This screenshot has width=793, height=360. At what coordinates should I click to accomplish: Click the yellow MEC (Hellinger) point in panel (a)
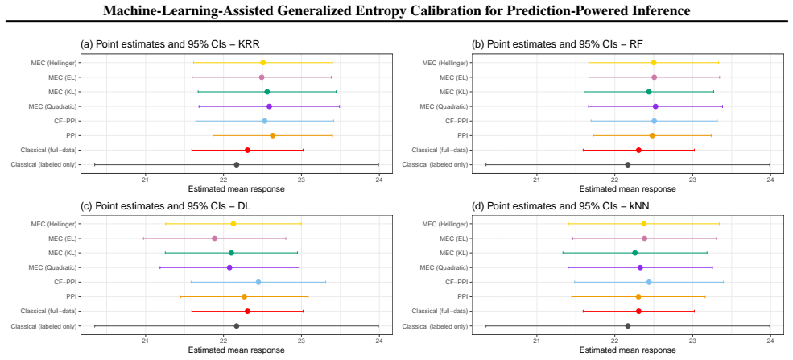pyautogui.click(x=262, y=63)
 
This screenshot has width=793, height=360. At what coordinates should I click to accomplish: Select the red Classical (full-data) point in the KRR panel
pyautogui.click(x=247, y=150)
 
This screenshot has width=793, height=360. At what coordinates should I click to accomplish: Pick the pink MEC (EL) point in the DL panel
pyautogui.click(x=214, y=238)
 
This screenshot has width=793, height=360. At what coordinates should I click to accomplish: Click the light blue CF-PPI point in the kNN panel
pyautogui.click(x=649, y=282)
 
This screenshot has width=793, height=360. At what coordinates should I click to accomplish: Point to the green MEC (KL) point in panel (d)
pyautogui.click(x=634, y=253)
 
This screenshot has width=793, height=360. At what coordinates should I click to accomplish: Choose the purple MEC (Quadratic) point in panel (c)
pyautogui.click(x=229, y=267)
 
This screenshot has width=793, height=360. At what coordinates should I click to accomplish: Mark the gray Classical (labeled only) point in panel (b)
pyautogui.click(x=628, y=165)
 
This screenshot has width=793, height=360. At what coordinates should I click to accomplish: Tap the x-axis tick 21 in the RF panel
pyautogui.click(x=537, y=180)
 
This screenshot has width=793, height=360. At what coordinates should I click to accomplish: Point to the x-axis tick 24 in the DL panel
pyautogui.click(x=379, y=341)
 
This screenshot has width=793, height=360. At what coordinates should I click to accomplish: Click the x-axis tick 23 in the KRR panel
pyautogui.click(x=301, y=180)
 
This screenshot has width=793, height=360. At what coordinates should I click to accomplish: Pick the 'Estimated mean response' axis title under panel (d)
pyautogui.click(x=627, y=350)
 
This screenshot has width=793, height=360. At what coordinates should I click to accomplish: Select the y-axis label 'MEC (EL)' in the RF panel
pyautogui.click(x=453, y=77)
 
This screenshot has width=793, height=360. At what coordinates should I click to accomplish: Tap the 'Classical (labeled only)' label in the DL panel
pyautogui.click(x=43, y=326)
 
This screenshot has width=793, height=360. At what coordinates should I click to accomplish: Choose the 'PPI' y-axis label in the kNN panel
pyautogui.click(x=462, y=297)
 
